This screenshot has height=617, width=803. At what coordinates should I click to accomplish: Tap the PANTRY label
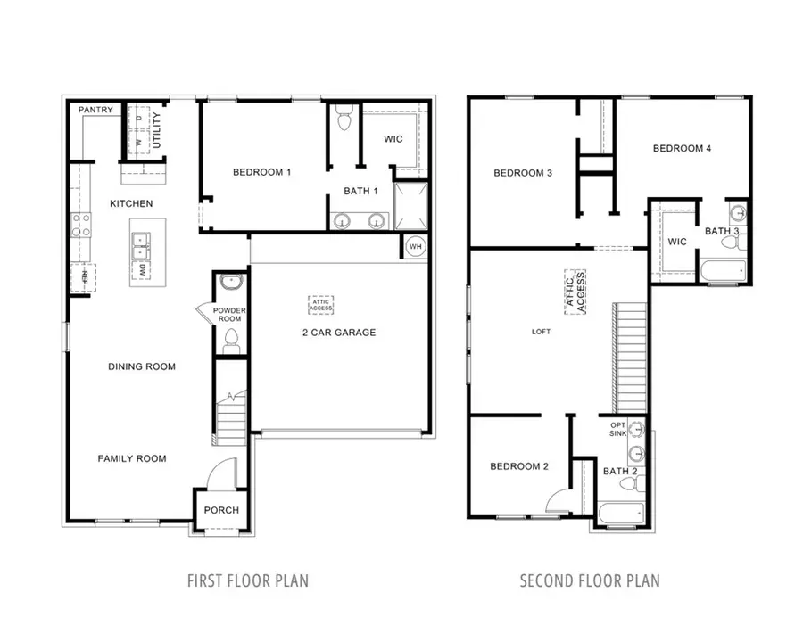[95, 110]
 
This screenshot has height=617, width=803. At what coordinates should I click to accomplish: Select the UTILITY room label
[157, 130]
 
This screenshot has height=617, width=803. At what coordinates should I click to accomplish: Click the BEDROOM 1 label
[262, 171]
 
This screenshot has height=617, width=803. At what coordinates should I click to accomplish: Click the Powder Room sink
[230, 282]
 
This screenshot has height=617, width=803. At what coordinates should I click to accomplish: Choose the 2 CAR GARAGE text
[338, 333]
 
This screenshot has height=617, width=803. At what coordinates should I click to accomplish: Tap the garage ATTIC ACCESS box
[321, 304]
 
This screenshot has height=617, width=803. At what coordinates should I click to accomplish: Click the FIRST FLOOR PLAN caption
[247, 580]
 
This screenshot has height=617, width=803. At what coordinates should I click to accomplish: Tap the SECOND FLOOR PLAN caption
[590, 580]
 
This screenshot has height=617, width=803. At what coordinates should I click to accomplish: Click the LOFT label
[541, 332]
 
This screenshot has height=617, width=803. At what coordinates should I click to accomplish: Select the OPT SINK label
[618, 429]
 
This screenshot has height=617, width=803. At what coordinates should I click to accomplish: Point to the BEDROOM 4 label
[682, 149]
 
